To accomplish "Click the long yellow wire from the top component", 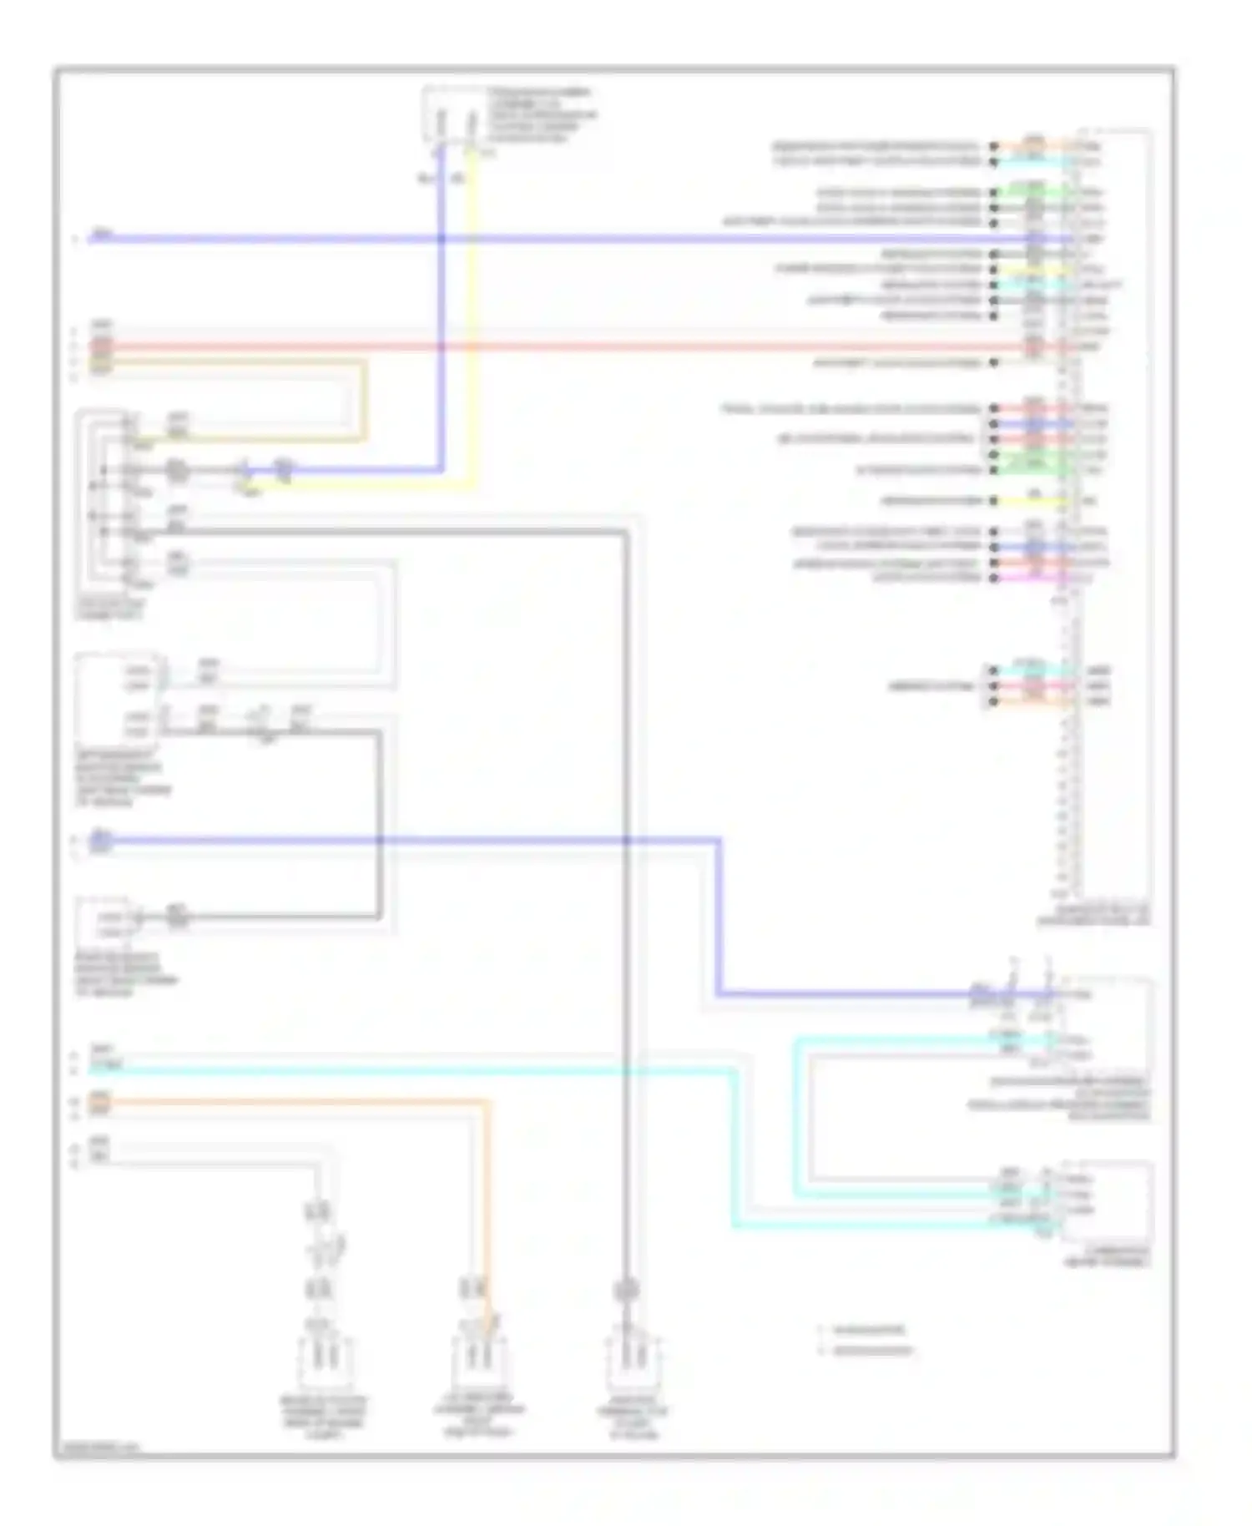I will coord(474,334).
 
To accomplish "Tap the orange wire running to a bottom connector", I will coord(292,1102).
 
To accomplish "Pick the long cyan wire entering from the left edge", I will coord(417,1069).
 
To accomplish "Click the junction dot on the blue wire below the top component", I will coord(442,240).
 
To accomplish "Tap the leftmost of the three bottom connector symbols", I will coord(324,1361).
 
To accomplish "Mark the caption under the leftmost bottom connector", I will coord(324,1417).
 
